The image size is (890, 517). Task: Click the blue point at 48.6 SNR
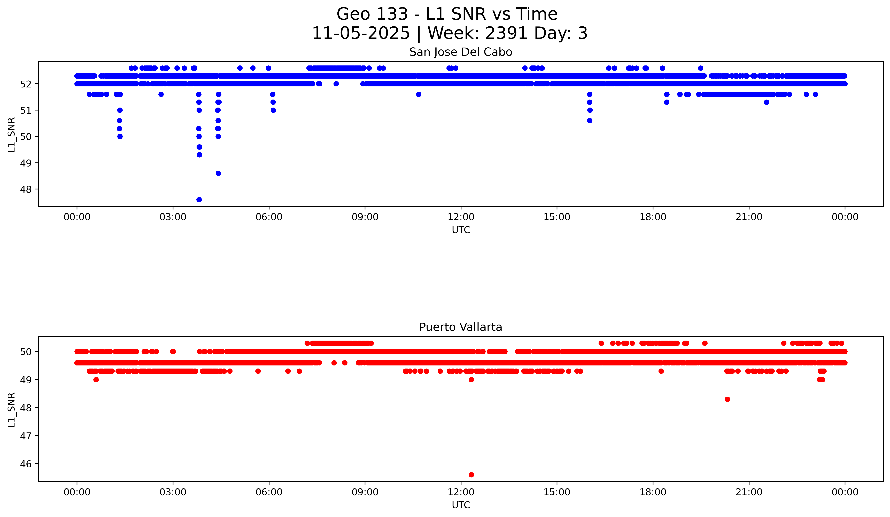[x=218, y=173]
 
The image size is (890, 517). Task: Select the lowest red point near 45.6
[x=471, y=475]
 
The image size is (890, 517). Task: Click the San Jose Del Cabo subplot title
[x=461, y=52]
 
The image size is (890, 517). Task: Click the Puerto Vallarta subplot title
[x=461, y=327]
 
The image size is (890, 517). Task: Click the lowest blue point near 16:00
[x=590, y=121]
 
